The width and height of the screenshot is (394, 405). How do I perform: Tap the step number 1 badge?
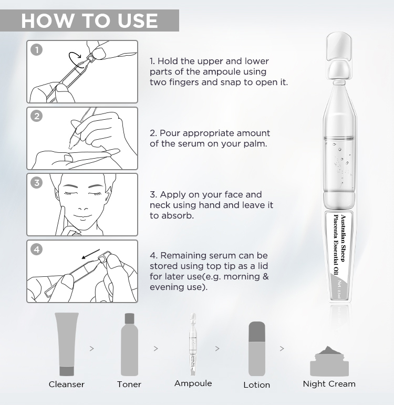click(36, 50)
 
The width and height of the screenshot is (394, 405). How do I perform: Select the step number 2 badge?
click(36, 116)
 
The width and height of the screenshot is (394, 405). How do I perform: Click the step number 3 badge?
click(36, 183)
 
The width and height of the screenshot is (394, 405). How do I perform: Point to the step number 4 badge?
click(36, 250)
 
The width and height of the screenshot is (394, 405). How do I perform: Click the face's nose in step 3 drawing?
click(81, 202)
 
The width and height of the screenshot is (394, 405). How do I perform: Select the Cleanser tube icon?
click(66, 344)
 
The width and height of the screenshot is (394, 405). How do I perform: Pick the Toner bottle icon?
click(129, 344)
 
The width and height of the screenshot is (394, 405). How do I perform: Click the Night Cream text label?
click(329, 384)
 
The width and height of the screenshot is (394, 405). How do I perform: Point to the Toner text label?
click(129, 385)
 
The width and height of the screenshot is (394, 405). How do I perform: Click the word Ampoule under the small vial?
click(193, 383)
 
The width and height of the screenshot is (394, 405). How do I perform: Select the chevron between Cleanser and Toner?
click(92, 348)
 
